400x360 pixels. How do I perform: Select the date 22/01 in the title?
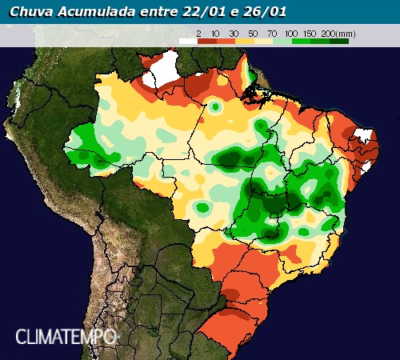(x=193, y=12)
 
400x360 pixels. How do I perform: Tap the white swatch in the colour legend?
(x=187, y=40)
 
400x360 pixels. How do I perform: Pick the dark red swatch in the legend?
(x=206, y=40)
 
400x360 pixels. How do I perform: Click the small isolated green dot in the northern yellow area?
(x=214, y=106)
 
